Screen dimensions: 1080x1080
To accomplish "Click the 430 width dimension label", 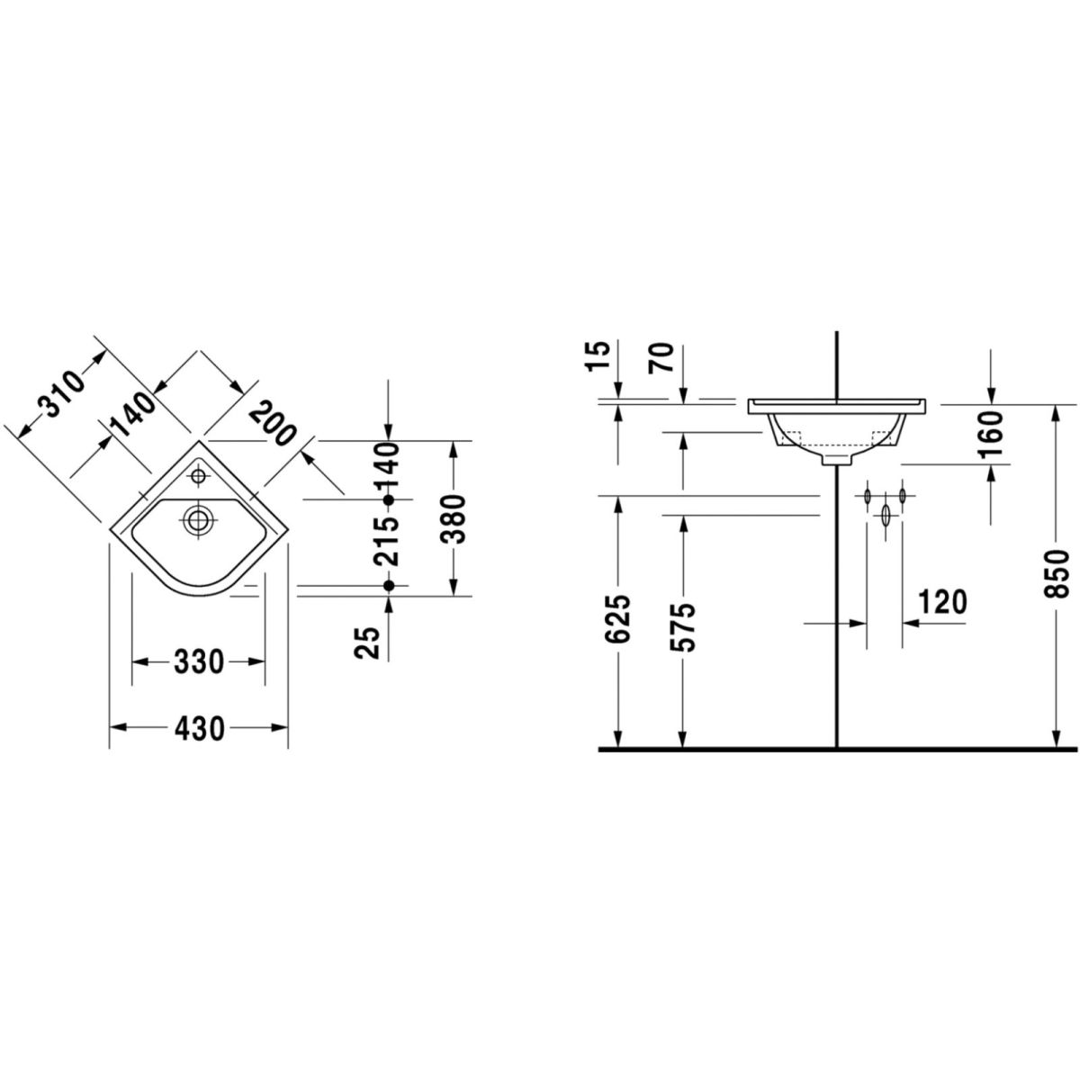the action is [x=199, y=729].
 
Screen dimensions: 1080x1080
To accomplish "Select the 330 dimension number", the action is [x=199, y=662].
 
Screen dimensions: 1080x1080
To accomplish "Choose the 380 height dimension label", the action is [x=453, y=519].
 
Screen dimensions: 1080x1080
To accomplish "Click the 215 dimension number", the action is [x=387, y=542].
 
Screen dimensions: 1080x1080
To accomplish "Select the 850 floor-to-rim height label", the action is [x=1057, y=574].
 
